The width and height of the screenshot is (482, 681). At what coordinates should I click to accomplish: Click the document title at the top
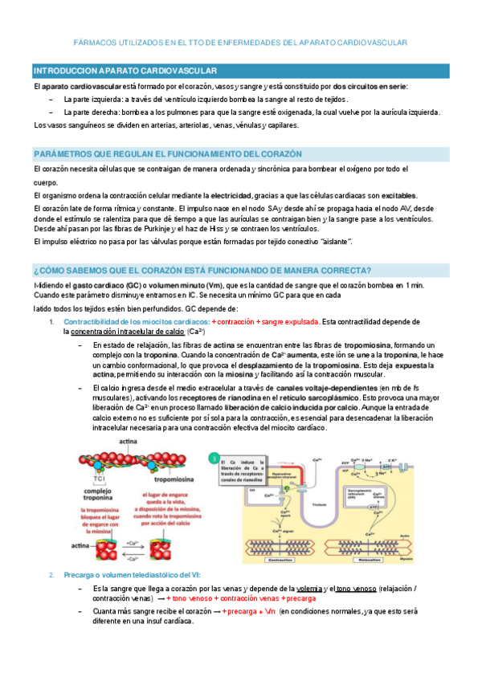coord(241,42)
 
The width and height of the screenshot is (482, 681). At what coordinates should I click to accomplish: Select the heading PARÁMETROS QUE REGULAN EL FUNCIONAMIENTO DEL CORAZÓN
coord(167,153)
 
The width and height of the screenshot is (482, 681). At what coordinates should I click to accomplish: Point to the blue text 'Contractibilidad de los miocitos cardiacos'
coord(136,321)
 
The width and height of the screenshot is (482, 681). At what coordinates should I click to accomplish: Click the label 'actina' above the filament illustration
coord(127,443)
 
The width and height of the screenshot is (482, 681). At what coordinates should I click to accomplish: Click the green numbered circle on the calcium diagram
coord(214,458)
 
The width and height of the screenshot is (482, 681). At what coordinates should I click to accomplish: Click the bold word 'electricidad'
coord(230,195)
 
